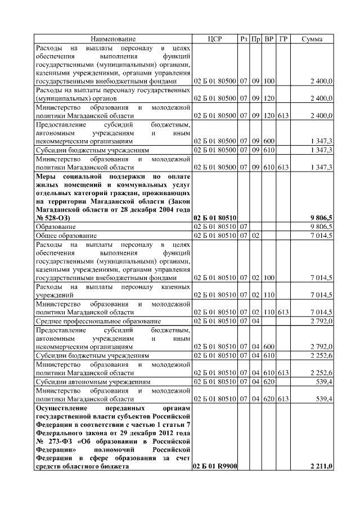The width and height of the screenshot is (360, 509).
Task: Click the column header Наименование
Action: (x=113, y=39)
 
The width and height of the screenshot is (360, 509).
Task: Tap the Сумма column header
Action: (x=312, y=39)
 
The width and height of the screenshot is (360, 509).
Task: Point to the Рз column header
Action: (x=244, y=39)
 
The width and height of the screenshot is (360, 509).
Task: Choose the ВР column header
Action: (x=269, y=39)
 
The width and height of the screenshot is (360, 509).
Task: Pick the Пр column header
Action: (x=256, y=39)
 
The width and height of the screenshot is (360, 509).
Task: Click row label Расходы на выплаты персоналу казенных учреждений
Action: (x=112, y=290)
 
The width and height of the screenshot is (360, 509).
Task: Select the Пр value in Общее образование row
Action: (x=256, y=235)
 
